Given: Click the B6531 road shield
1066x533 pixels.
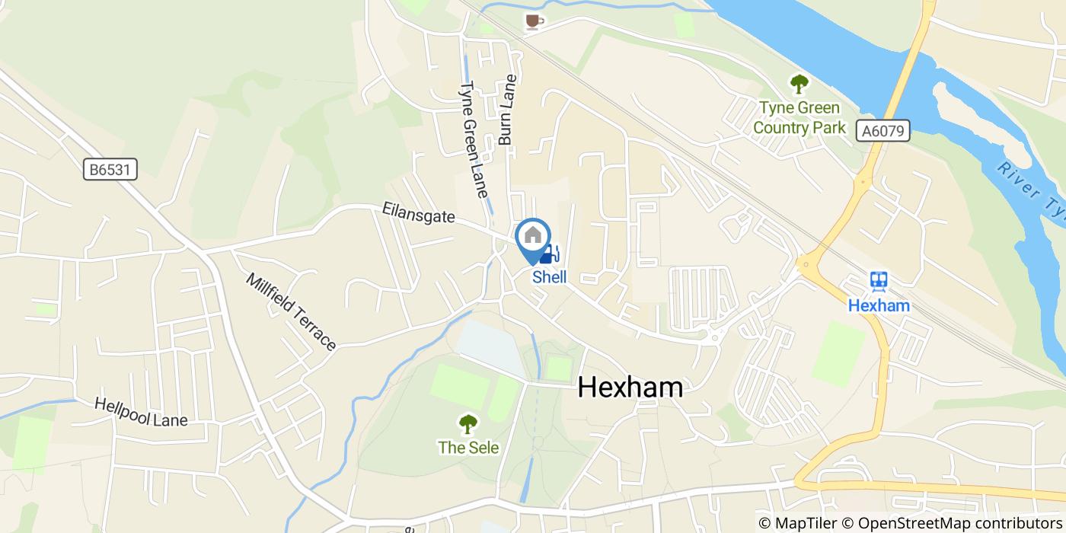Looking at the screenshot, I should (x=110, y=170).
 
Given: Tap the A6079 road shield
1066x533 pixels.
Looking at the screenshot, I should (x=883, y=131).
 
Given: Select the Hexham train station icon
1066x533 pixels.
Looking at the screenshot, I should (x=879, y=282).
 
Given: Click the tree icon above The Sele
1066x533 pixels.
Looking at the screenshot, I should (x=468, y=424).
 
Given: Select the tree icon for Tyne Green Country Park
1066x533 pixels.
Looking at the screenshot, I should (x=799, y=83).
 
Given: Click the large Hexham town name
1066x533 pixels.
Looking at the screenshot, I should (x=630, y=388).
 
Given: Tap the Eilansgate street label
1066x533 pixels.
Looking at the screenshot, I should (x=419, y=216).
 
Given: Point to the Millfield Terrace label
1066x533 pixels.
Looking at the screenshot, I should (x=291, y=311).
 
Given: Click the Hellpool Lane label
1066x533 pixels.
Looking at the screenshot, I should (x=141, y=411).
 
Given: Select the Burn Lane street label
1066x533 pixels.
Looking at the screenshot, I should (x=507, y=110).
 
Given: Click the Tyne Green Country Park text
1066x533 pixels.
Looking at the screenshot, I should (x=799, y=118).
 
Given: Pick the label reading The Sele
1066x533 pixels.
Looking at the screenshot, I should (x=468, y=448).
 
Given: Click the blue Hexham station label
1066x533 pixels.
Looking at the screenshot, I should (x=879, y=305).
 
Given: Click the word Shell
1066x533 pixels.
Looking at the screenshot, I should (x=549, y=277).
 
